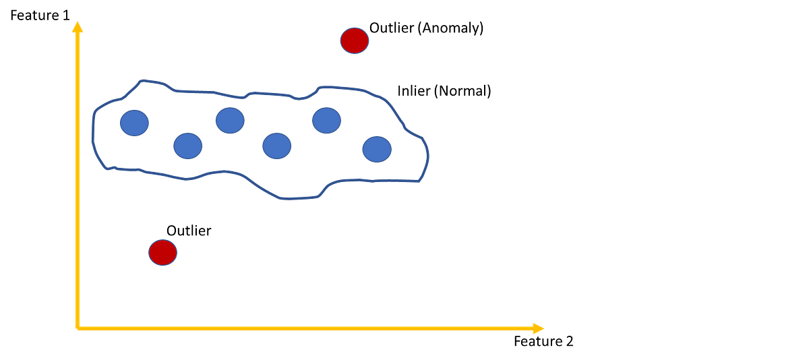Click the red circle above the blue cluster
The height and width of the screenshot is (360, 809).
[354, 40]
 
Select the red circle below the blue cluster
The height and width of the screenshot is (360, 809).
[162, 252]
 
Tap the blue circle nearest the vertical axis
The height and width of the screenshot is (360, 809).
[134, 123]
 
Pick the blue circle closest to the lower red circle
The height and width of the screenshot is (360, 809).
[187, 146]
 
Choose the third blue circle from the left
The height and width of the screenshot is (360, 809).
[230, 120]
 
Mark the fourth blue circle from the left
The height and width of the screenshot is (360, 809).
[276, 146]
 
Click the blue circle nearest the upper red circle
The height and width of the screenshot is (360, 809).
[326, 120]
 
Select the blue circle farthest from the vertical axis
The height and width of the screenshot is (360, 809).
[377, 149]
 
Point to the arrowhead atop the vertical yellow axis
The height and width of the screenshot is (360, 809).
[78, 27]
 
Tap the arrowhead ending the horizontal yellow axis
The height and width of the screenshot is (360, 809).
[538, 328]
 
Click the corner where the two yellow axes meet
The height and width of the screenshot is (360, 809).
[79, 328]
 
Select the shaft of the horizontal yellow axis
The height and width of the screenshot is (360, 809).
[303, 328]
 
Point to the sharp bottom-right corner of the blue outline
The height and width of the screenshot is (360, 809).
[420, 182]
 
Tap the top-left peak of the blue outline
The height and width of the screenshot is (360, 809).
[142, 80]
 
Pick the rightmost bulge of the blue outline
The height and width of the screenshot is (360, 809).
[429, 152]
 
